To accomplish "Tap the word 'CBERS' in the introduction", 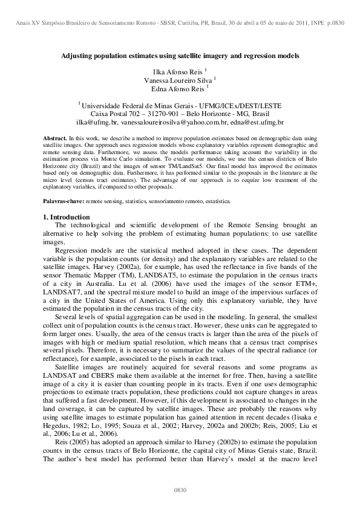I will pyautogui.click(x=95, y=375).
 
